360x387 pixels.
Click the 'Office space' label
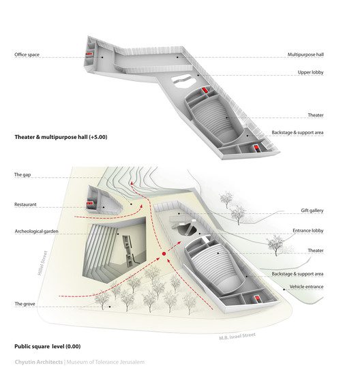(27, 55)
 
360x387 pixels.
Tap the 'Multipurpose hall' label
(305, 55)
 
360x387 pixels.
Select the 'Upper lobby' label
(310, 72)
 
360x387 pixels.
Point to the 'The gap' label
(22, 174)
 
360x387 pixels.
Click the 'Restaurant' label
(25, 204)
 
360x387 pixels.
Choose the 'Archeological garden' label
(37, 231)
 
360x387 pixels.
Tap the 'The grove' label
(25, 304)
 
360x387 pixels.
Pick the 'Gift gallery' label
(312, 211)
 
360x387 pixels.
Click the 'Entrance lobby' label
(308, 230)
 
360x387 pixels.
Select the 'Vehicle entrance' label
(306, 287)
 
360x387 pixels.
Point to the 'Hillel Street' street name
(42, 263)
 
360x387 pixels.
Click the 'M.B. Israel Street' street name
(237, 336)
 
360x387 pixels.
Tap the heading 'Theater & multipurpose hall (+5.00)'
(61, 137)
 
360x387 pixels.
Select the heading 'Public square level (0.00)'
(48, 346)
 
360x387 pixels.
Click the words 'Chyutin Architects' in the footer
(39, 362)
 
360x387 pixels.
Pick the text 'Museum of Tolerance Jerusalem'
(106, 362)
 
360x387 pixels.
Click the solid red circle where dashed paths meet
(164, 253)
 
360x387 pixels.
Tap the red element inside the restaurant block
(89, 203)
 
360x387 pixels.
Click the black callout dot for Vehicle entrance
(284, 290)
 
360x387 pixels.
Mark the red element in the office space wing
(89, 54)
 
